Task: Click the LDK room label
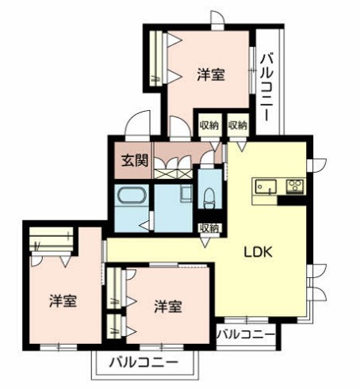(258, 254)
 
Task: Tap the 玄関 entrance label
(135, 160)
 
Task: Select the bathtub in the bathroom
(131, 196)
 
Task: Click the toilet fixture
(209, 196)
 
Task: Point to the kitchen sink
(265, 187)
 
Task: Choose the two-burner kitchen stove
(295, 187)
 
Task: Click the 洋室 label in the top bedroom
(210, 75)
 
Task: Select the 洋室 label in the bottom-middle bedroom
(167, 306)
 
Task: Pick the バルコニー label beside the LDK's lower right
(247, 334)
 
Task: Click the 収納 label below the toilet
(210, 227)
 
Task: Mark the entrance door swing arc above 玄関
(140, 124)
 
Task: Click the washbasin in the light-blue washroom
(186, 193)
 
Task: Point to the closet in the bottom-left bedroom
(50, 239)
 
